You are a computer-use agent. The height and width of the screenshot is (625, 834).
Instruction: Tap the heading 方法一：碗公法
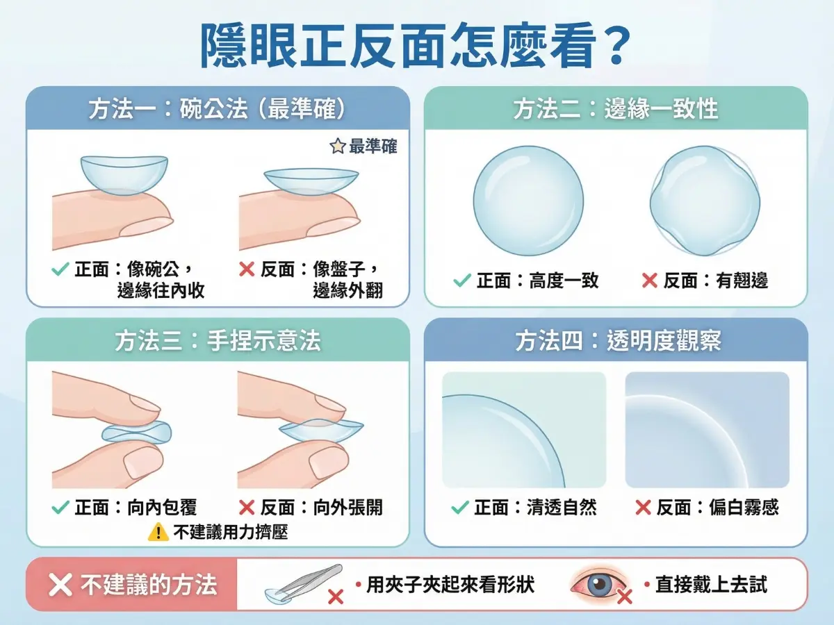[217, 109]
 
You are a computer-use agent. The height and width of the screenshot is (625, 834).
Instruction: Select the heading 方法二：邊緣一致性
[616, 109]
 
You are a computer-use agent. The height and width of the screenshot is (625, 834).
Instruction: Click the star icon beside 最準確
[337, 147]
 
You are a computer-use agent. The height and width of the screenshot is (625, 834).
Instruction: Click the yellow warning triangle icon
[158, 533]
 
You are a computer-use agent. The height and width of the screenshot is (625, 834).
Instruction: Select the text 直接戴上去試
[711, 585]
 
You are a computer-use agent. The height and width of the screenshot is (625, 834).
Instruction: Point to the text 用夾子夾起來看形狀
[450, 585]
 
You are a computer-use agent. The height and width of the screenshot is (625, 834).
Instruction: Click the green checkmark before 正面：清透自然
[459, 508]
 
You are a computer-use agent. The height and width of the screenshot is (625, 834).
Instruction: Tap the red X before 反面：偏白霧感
[643, 508]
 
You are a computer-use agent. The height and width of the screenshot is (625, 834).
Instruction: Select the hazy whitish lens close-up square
[707, 430]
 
